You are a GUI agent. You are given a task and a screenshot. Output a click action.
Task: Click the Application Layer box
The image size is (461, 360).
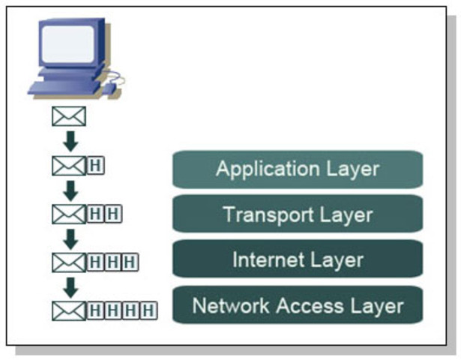298,169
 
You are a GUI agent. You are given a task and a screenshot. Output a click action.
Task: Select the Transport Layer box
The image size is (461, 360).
298,214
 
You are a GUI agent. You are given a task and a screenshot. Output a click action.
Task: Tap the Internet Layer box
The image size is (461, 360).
298,259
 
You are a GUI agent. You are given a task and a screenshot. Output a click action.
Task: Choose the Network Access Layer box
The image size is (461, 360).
298,305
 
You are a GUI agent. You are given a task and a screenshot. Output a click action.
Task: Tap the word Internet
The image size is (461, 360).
262,259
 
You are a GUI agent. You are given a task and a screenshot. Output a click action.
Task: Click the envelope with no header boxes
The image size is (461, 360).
68,117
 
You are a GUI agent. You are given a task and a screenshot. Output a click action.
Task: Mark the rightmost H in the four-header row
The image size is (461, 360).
149,309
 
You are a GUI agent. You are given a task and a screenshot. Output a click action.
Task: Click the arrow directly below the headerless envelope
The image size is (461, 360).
70,140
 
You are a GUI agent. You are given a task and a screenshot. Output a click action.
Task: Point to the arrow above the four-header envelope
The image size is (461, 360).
70,286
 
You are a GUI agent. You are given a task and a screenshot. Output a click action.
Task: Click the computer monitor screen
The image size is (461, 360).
68,42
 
